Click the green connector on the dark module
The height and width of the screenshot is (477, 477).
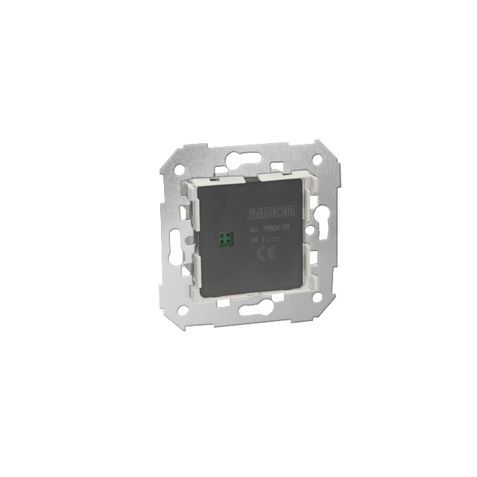[x=224, y=238]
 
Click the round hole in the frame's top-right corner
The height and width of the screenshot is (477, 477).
[x=316, y=159]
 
